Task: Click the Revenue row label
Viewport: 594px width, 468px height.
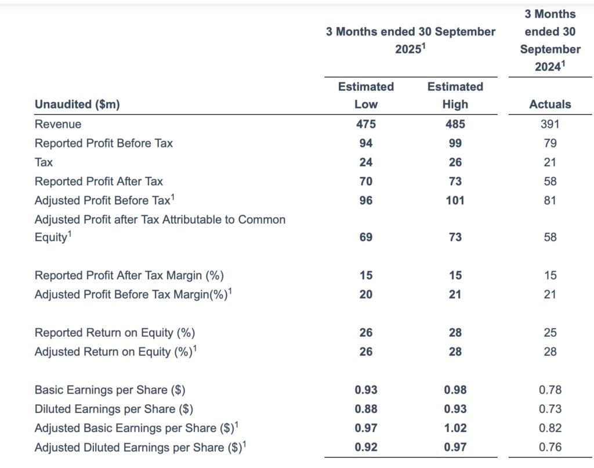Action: click(x=58, y=124)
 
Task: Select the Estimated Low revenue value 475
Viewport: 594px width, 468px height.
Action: click(x=366, y=124)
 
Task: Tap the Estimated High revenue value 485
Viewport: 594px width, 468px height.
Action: click(x=455, y=124)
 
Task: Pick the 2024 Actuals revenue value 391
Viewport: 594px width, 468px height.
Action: click(x=550, y=124)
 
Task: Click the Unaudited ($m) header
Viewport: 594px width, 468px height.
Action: click(x=77, y=105)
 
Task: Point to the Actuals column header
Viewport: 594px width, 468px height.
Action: click(x=550, y=105)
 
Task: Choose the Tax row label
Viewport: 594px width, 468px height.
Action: click(x=44, y=163)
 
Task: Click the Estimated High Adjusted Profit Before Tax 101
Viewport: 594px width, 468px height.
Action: click(x=455, y=200)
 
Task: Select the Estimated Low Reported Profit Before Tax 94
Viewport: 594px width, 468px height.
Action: click(x=366, y=143)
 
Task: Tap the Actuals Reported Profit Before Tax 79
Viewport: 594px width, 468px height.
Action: click(x=550, y=143)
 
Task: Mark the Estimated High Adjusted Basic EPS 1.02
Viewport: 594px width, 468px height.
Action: click(x=455, y=428)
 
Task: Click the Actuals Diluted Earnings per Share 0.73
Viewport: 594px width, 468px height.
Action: click(x=550, y=409)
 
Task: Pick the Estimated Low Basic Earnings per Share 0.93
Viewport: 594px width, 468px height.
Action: click(x=366, y=390)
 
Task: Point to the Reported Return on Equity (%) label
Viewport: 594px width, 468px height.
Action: click(x=115, y=333)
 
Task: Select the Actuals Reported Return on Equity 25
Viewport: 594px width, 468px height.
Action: click(x=550, y=333)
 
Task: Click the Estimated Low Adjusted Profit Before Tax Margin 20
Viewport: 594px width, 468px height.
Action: click(x=366, y=294)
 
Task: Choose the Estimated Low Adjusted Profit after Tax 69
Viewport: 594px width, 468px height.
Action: click(x=366, y=237)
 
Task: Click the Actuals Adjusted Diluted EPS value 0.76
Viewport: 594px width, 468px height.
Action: click(x=550, y=447)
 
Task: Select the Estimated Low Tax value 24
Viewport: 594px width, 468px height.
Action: click(x=366, y=163)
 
